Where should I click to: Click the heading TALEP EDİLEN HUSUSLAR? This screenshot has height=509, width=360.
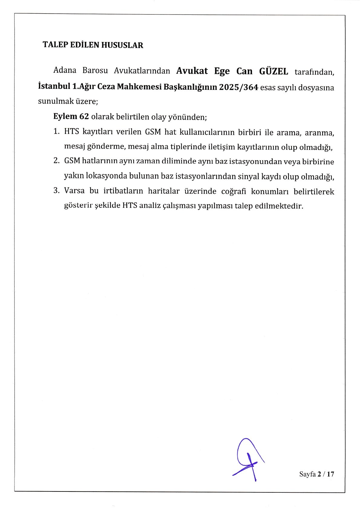coord(93,45)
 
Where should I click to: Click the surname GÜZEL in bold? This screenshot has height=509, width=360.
coord(273,71)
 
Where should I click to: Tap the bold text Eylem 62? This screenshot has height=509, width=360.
coord(71,117)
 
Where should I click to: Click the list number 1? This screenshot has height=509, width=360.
coord(56,132)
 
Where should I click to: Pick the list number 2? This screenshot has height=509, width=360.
coord(56,161)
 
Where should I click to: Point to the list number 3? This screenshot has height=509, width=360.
coord(56,191)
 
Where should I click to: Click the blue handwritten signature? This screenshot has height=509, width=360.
coord(247,459)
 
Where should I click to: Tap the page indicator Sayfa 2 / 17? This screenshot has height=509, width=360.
coord(317,474)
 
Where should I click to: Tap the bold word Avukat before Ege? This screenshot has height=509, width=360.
coord(192,71)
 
